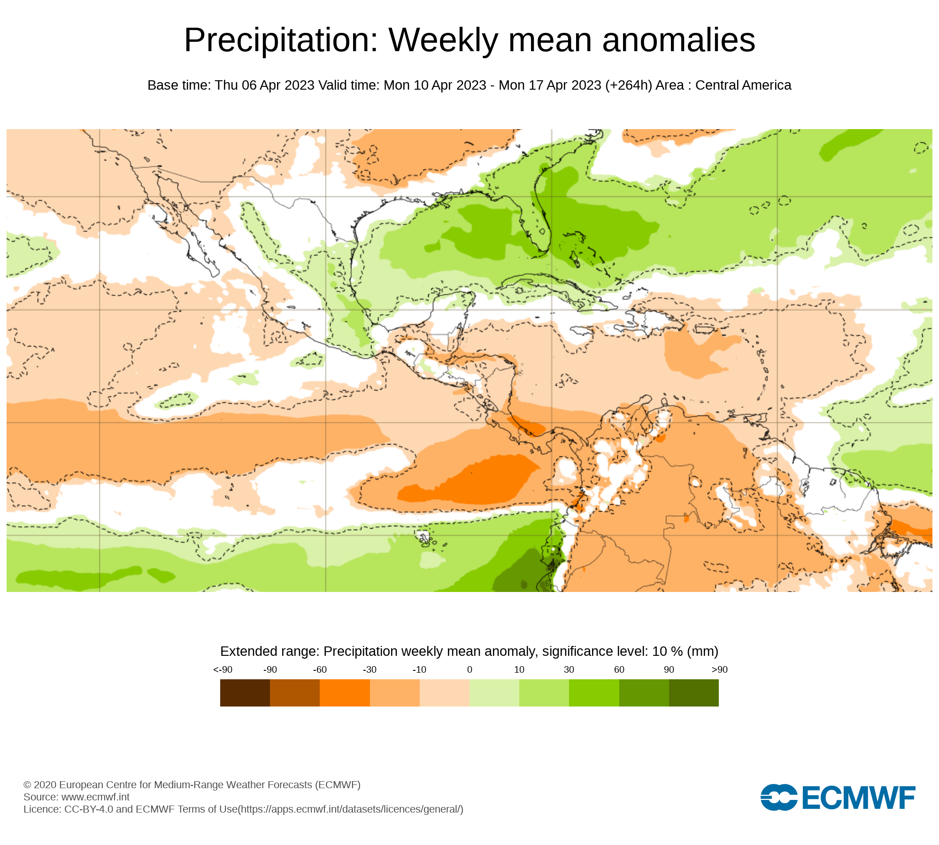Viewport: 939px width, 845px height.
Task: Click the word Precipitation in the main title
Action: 281,40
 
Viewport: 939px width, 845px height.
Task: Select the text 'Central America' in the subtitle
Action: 743,85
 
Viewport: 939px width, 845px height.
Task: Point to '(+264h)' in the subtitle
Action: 628,85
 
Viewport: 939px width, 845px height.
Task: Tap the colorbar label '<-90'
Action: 223,669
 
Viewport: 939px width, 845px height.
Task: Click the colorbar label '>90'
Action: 719,669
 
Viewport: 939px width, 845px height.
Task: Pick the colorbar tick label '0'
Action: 469,669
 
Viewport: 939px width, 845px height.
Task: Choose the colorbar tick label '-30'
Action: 369,669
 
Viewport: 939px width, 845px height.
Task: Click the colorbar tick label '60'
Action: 619,669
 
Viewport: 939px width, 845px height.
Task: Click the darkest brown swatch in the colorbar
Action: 245,693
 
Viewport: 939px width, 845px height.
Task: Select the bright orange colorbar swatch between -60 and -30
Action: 345,693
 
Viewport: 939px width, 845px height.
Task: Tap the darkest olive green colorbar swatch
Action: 694,693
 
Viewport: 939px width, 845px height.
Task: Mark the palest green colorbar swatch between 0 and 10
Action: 494,693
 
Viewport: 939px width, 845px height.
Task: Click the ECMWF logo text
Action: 859,798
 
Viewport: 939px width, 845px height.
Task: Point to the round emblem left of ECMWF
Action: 779,797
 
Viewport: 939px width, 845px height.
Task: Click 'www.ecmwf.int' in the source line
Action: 95,797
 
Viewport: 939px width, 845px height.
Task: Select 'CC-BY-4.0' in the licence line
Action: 89,809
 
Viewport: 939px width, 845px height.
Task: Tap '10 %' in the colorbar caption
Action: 668,652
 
